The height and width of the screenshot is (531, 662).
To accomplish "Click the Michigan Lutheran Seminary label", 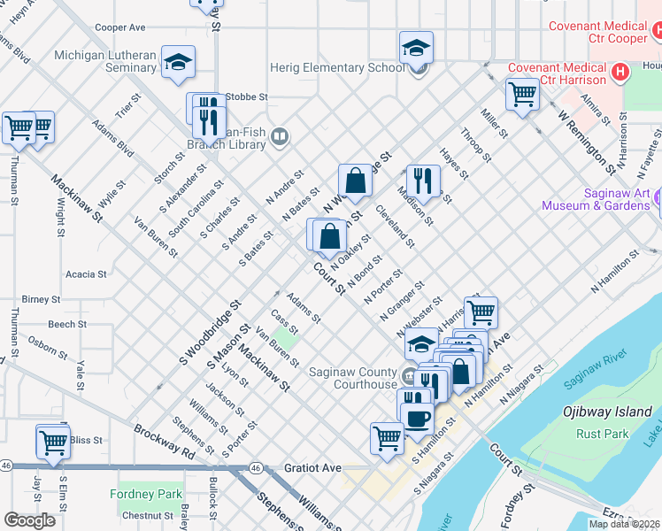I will click(x=105, y=61).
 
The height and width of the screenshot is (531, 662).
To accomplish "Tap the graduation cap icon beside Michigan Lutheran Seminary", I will click(x=178, y=61).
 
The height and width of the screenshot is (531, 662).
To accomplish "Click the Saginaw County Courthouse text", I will click(x=352, y=378).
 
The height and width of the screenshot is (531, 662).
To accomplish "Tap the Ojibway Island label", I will click(x=607, y=412).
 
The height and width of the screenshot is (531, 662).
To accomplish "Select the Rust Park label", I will click(x=602, y=434).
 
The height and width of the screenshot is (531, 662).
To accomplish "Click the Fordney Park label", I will click(x=145, y=494).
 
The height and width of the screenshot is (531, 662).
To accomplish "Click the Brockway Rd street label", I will click(x=164, y=440).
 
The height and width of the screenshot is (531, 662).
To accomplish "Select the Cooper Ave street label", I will click(x=119, y=28).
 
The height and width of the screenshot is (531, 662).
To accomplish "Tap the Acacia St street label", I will click(x=86, y=274).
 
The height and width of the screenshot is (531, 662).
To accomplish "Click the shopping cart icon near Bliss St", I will click(x=53, y=441).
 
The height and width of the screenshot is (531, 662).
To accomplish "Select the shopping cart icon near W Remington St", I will click(x=522, y=93).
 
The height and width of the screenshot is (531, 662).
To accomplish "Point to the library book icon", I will click(x=280, y=135).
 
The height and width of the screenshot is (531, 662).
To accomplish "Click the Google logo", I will click(x=28, y=519).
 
